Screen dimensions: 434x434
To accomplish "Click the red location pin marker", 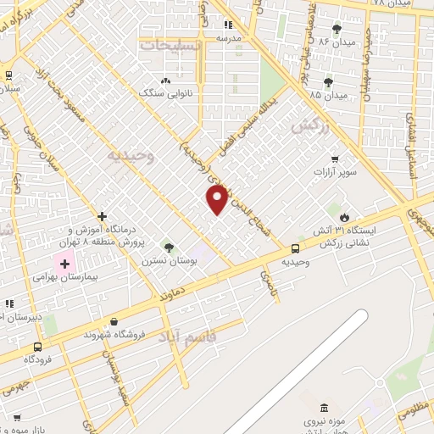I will [x=218, y=198].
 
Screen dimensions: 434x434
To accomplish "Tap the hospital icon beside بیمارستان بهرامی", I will [x=64, y=263].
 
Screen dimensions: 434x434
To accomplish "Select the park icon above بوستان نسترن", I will [x=168, y=248].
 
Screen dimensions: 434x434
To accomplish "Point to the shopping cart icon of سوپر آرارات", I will [x=336, y=159].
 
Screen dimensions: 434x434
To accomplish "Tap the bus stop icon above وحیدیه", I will [x=295, y=248].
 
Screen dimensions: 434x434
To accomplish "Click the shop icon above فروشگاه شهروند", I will [x=114, y=321].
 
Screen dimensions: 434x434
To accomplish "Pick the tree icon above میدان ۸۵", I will [x=328, y=82].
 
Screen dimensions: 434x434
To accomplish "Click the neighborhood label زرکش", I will [x=309, y=127].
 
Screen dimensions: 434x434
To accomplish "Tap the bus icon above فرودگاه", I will [x=38, y=347].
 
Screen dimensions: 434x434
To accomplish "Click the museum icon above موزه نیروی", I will [x=307, y=409].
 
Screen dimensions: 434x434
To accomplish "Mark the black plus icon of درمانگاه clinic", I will [x=103, y=216].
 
